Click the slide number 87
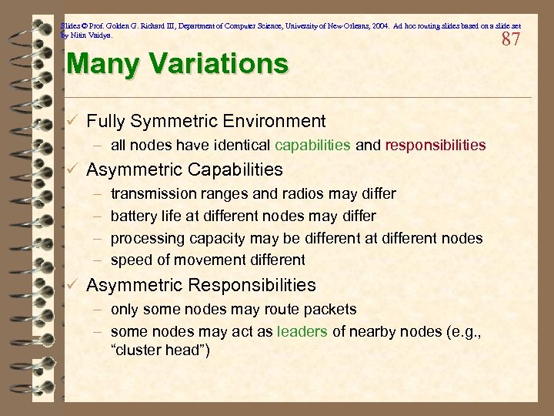[x=511, y=39]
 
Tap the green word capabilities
[x=312, y=145]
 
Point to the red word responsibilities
[x=435, y=145]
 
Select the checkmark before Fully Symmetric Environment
[x=72, y=121]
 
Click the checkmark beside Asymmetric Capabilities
[x=72, y=169]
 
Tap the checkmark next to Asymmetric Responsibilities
[x=72, y=285]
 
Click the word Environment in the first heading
[x=276, y=121]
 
